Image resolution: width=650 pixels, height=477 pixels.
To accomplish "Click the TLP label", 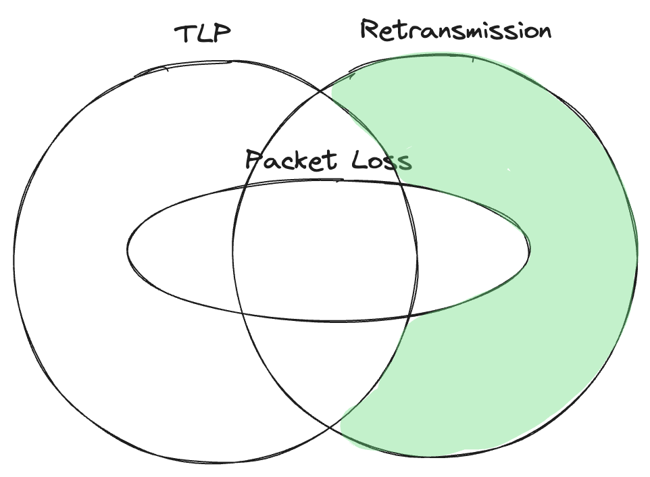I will pyautogui.click(x=203, y=34).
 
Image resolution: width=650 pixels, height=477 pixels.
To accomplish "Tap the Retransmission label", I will pyautogui.click(x=455, y=30).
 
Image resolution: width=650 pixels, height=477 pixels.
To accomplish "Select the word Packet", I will pyautogui.click(x=291, y=161).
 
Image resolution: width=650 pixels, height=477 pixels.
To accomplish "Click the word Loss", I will pyautogui.click(x=382, y=161).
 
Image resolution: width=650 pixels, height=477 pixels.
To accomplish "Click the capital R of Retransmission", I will pyautogui.click(x=370, y=30).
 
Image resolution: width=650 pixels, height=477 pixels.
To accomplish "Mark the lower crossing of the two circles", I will pyautogui.click(x=330, y=427).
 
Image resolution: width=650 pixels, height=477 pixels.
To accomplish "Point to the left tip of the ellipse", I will pyautogui.click(x=128, y=251).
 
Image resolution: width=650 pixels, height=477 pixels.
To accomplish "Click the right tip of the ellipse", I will pyautogui.click(x=529, y=251).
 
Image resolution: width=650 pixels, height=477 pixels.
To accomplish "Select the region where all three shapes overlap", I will pyautogui.click(x=324, y=250).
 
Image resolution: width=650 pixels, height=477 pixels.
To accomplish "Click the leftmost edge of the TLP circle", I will pyautogui.click(x=14, y=257).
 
